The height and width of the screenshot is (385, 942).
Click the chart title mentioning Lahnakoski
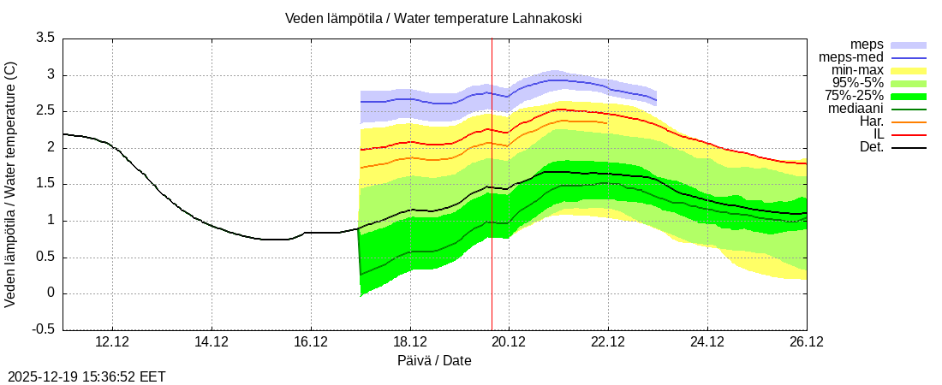click(434, 18)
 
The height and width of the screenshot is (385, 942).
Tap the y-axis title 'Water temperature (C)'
click(10, 184)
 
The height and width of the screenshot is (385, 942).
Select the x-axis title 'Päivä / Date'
click(434, 360)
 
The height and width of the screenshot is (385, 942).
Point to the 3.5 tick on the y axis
click(45, 38)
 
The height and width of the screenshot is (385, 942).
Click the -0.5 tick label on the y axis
click(43, 329)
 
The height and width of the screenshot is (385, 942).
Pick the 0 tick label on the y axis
click(51, 293)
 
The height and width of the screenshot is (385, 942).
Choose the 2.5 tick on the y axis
click(45, 111)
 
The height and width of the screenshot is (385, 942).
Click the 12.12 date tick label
click(112, 341)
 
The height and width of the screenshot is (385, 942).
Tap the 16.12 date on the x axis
click(311, 341)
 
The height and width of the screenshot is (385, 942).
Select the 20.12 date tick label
click(510, 341)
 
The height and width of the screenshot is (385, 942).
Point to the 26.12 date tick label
click(807, 341)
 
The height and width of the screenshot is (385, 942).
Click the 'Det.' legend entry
click(871, 147)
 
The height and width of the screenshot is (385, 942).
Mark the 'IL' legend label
click(878, 134)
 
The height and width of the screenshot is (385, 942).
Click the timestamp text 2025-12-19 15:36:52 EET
click(86, 376)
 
